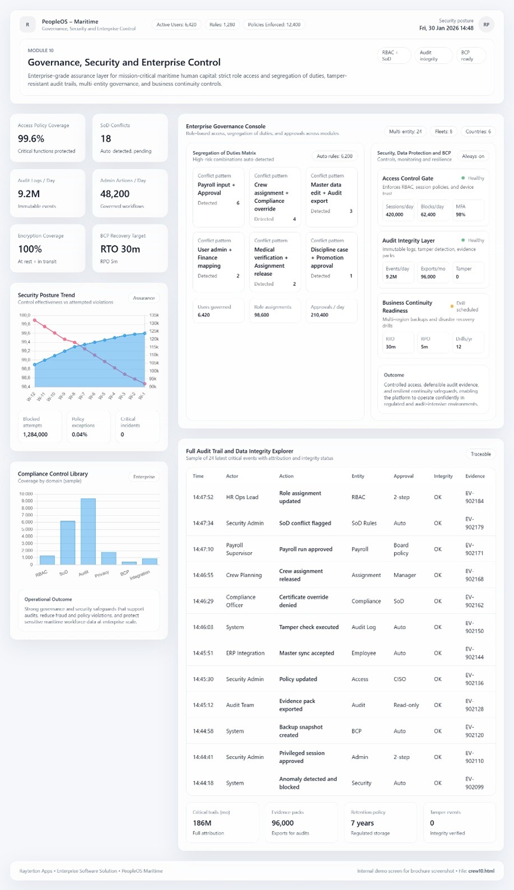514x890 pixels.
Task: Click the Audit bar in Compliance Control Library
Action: coord(88,531)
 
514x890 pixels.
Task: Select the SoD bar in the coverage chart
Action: coord(67,543)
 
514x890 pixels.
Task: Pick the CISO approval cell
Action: coord(400,679)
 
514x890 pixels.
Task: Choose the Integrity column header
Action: coord(443,476)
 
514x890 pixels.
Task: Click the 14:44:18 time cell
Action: coord(203,783)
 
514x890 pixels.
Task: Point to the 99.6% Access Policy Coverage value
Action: coord(31,138)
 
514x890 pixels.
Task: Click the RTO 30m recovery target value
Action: coord(120,249)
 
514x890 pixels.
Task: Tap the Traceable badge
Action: coord(480,454)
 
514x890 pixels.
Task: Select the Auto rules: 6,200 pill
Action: coord(335,156)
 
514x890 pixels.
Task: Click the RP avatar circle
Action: coord(486,25)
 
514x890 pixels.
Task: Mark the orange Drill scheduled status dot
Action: coord(452,307)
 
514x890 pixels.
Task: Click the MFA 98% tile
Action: coord(467,210)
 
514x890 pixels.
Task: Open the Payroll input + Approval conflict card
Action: coord(218,189)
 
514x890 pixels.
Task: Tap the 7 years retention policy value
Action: coord(362,823)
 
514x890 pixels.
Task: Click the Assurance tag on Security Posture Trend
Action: coord(143,298)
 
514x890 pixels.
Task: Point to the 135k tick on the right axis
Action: coord(154,316)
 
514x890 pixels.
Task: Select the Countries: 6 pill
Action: coord(478,132)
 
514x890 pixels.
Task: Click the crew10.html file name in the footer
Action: coord(482,871)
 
